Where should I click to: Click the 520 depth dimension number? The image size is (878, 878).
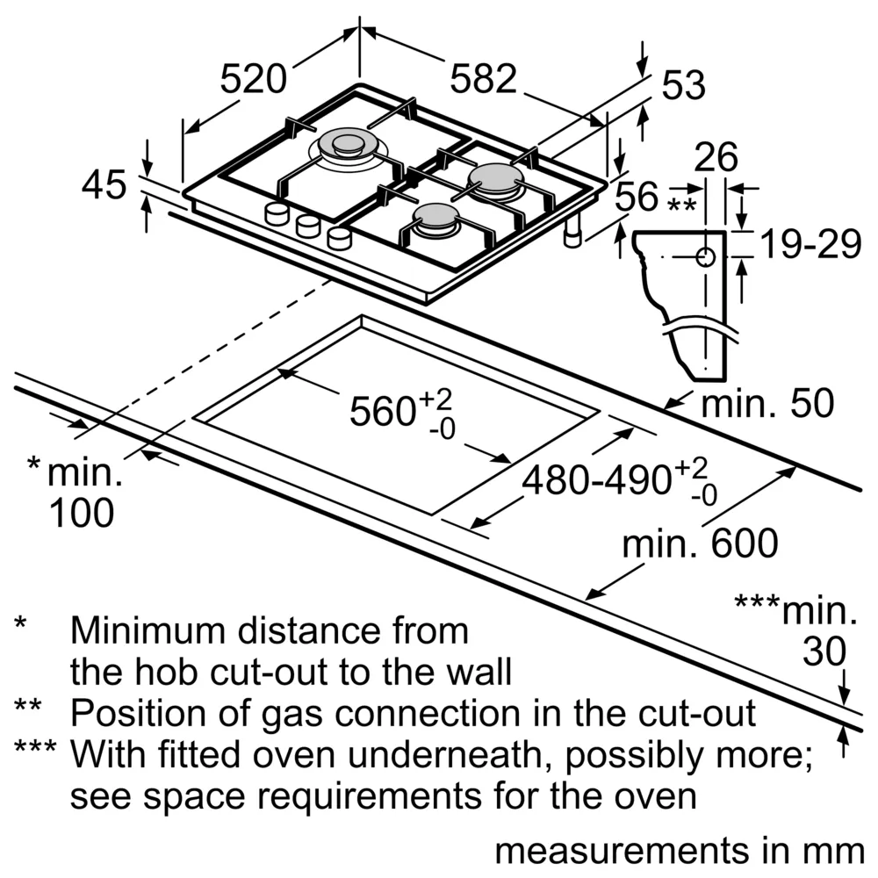coord(253,80)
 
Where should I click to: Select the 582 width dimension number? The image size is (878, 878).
coord(483,80)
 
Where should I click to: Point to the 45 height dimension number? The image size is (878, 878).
coord(104,185)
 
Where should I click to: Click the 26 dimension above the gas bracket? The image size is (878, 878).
coord(716,158)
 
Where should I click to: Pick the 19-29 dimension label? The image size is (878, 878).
coord(810,247)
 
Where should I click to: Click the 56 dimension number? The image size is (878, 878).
coord(637,197)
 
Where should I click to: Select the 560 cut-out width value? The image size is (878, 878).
coord(383,411)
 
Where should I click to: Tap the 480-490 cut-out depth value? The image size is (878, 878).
coord(596,481)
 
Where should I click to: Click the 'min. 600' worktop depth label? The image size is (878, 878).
coord(700,544)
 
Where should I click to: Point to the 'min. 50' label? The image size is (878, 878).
coord(766,404)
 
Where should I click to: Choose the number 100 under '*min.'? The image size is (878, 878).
coord(81,514)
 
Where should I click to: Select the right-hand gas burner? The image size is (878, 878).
coord(496,179)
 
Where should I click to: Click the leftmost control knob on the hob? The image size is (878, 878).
coord(277,213)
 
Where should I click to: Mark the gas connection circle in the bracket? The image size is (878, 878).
coord(705,256)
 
